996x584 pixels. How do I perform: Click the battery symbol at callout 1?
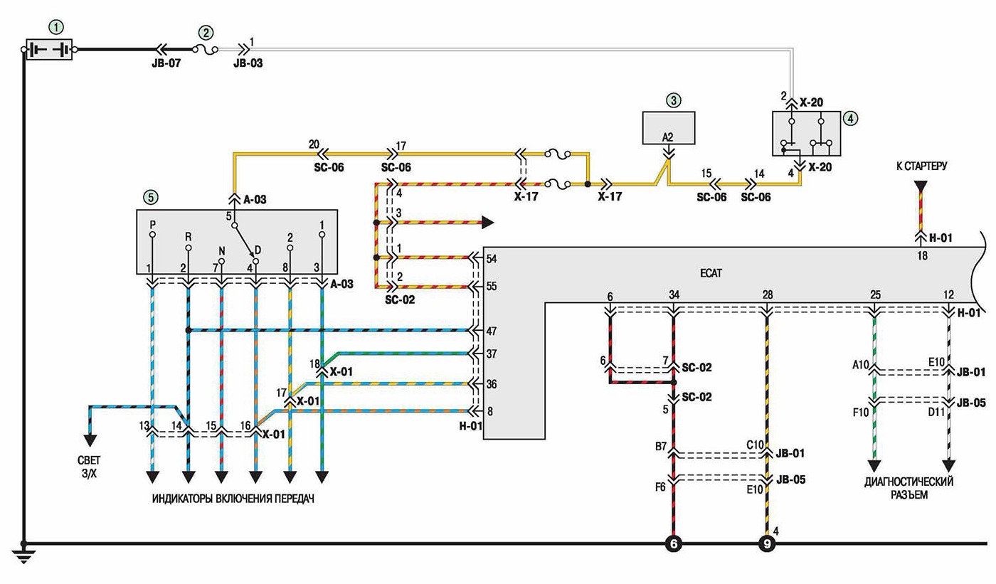(x=49, y=49)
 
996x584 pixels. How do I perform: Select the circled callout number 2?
(x=206, y=33)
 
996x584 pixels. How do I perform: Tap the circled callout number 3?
(x=673, y=100)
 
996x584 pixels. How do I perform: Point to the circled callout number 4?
(x=851, y=119)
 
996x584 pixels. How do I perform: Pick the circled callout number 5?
(x=151, y=197)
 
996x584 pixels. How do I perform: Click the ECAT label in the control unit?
(x=711, y=273)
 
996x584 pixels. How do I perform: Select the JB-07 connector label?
(x=166, y=63)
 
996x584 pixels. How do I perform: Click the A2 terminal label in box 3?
(x=667, y=137)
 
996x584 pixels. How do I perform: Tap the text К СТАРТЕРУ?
(x=921, y=166)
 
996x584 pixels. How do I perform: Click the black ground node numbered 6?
(x=674, y=544)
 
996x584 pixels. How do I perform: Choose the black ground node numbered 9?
(x=767, y=544)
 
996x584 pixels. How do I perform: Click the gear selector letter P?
(x=152, y=224)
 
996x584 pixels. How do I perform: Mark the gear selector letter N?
(x=222, y=252)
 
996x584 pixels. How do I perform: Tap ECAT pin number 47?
(x=492, y=331)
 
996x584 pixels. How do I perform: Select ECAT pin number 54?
(x=492, y=259)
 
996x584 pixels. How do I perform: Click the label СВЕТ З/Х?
(x=90, y=467)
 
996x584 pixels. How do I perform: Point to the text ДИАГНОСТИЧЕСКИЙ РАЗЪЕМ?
(x=909, y=488)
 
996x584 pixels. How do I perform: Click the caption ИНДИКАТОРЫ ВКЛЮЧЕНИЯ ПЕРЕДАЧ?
(x=233, y=499)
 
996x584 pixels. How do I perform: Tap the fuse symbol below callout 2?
(x=206, y=49)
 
